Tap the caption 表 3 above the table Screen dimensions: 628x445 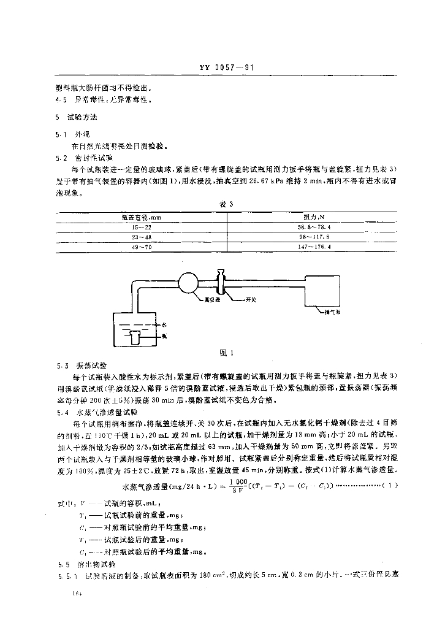click(223, 204)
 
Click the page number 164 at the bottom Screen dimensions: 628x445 click(77, 594)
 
